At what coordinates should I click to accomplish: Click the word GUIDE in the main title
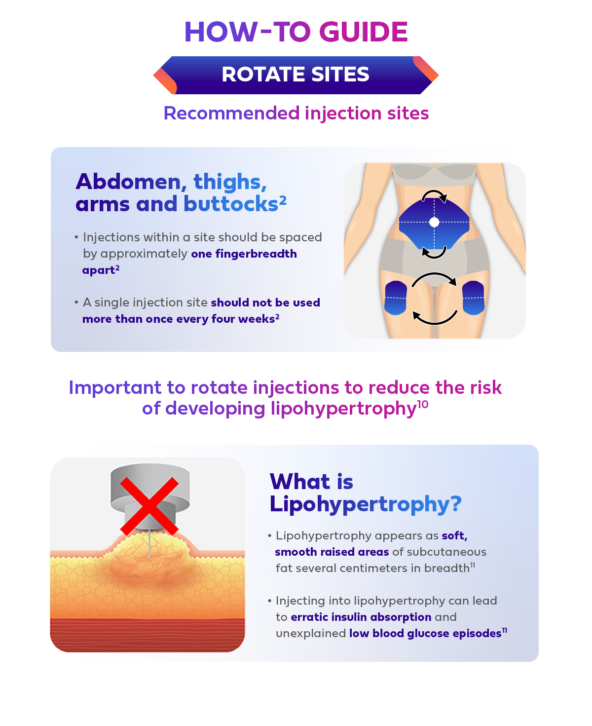point(364,32)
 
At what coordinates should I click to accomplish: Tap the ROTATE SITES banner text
point(296,75)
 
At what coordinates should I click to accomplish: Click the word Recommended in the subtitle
point(232,113)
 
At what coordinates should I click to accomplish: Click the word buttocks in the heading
point(230,204)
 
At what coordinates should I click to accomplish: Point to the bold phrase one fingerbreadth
point(244,254)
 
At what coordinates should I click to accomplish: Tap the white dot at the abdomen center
point(434,222)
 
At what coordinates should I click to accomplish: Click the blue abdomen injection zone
point(434,223)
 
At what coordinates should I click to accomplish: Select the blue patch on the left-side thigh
point(396,298)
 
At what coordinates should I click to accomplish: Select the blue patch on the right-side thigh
point(473,298)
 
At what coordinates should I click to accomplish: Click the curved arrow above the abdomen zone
point(434,191)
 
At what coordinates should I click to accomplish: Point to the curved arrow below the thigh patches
point(434,323)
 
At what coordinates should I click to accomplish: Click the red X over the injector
point(149,506)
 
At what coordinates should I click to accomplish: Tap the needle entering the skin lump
point(149,544)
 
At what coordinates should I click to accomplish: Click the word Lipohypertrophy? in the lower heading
point(365,503)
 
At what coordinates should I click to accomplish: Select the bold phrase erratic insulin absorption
point(361,617)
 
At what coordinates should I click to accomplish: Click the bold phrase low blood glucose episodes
point(425,633)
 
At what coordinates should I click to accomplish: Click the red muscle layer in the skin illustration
point(148,633)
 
